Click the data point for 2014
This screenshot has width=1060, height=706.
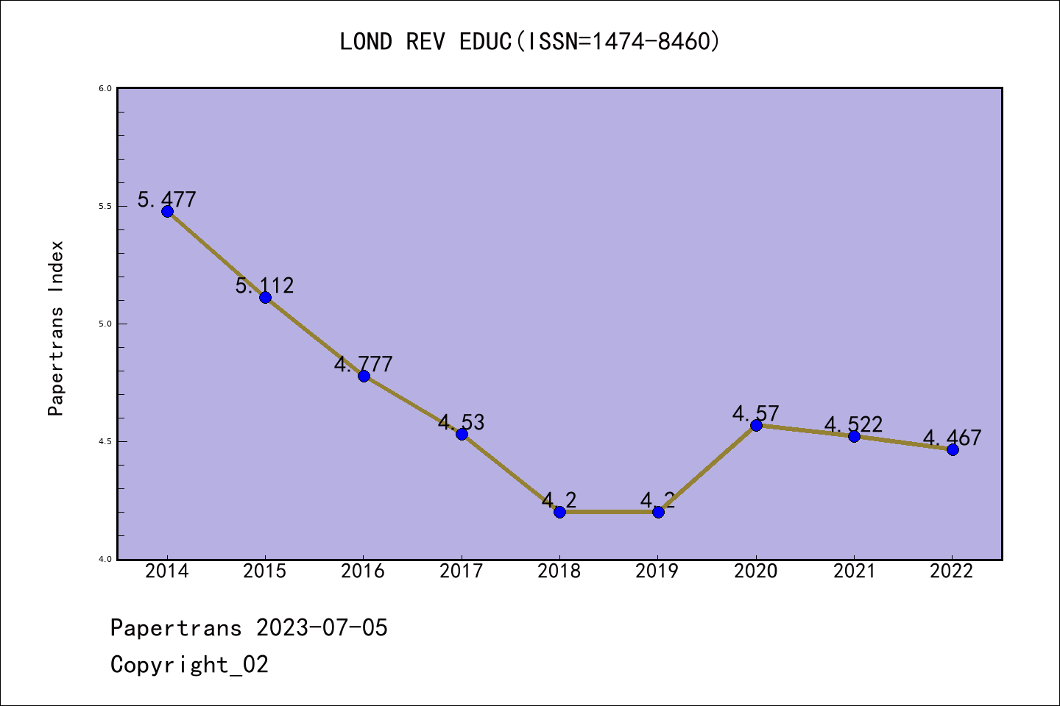(167, 212)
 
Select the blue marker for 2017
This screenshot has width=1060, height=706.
(462, 434)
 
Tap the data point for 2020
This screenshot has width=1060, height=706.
(756, 425)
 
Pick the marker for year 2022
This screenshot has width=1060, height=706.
(953, 449)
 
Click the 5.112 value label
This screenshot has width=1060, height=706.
(265, 285)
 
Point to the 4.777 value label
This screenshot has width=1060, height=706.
(364, 364)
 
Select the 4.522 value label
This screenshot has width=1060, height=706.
(854, 424)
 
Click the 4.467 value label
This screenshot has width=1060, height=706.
(953, 438)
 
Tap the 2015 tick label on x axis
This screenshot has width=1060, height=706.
(265, 571)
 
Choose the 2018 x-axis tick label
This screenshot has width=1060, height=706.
(559, 571)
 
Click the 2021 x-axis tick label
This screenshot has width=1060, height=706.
(854, 571)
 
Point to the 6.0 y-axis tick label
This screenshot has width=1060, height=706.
(105, 88)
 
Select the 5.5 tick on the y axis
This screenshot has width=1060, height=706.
(105, 206)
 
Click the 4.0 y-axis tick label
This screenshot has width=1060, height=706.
(105, 559)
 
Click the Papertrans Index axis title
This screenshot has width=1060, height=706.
(57, 328)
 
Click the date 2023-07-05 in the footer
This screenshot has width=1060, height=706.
(322, 628)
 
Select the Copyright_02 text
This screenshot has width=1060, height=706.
(189, 665)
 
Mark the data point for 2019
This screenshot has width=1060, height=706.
(658, 512)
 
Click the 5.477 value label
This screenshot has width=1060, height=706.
(167, 199)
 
